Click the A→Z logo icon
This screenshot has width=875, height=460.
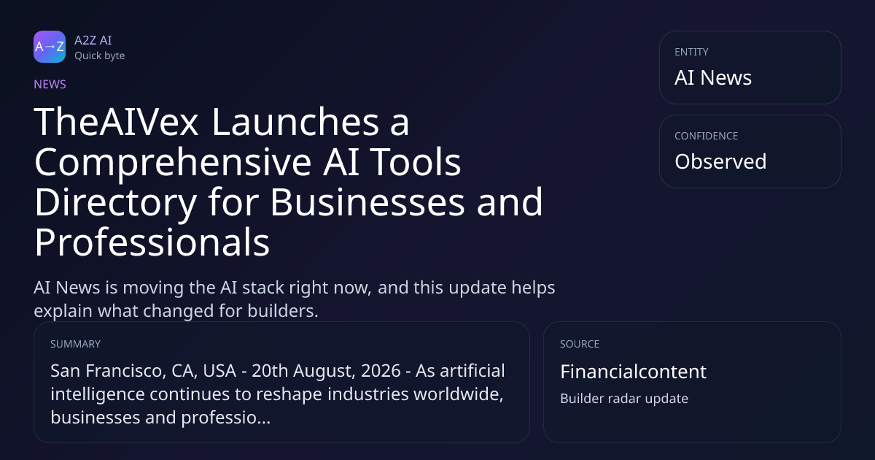coord(50,47)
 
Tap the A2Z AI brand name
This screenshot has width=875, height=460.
coord(93,40)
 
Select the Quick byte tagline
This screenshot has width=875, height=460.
coord(100,56)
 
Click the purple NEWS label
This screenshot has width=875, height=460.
coord(50,84)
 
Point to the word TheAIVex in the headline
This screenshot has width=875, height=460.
coord(117,122)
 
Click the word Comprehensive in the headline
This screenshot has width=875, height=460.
coord(173,163)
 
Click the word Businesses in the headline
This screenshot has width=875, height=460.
coord(367,202)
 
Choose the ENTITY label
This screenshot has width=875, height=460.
coord(691,52)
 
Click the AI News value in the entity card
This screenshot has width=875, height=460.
coord(713,77)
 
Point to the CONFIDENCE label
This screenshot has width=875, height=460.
coord(707,136)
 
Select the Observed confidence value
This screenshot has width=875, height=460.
coord(720,161)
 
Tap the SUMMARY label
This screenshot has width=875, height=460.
coord(75,344)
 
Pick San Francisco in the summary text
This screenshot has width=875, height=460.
coord(106,371)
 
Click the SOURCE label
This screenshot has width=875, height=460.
coord(580,344)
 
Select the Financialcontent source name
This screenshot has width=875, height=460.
coord(633,372)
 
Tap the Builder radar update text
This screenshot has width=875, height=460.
coord(624,399)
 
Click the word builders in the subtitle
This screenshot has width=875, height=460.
coord(283,311)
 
